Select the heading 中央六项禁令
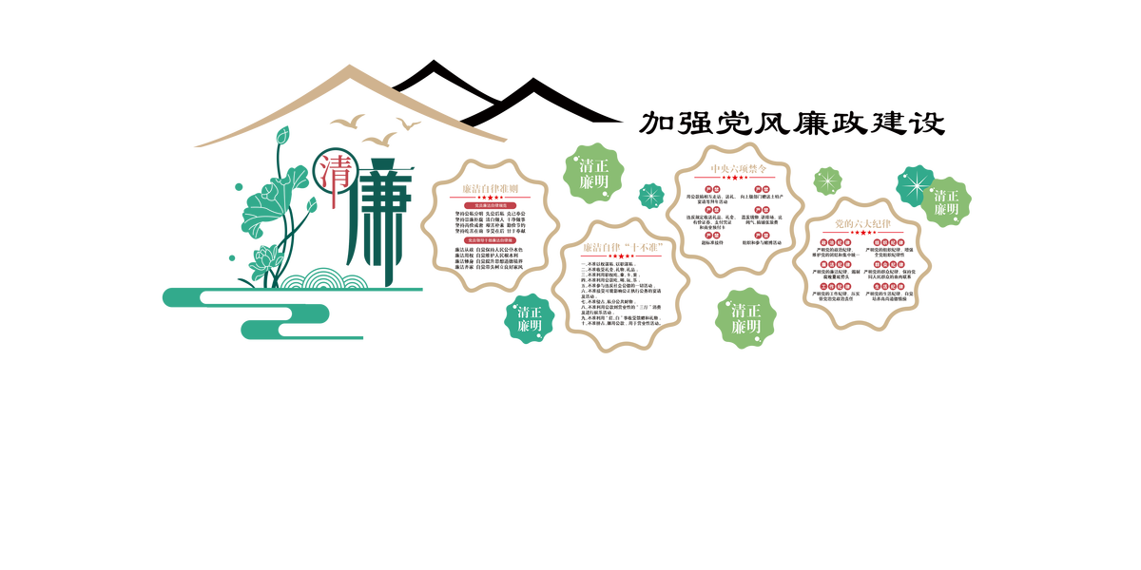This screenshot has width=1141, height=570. coord(739,168)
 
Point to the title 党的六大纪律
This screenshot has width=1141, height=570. coord(862,223)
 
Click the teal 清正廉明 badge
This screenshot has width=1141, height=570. coord(530,318)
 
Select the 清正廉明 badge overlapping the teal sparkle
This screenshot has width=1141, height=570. coord(945,201)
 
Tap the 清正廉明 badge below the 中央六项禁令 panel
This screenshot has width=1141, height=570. coord(745,318)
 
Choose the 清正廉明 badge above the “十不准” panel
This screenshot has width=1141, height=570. coord(594,173)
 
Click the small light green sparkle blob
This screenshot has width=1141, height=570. coord(827,180)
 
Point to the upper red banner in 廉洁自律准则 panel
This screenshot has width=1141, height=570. coord(490,204)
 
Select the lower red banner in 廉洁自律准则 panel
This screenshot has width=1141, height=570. coord(490,240)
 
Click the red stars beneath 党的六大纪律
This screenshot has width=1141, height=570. coord(862,233)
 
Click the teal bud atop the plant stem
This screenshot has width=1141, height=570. coord(281,136)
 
